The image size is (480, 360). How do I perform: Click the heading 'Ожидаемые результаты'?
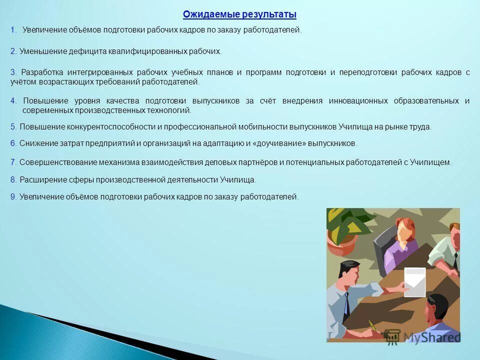[239, 14]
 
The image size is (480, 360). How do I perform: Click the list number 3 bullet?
[13, 72]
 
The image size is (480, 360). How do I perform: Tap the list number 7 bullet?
[13, 162]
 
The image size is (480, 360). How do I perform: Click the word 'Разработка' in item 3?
[43, 72]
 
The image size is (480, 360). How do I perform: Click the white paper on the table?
[414, 281]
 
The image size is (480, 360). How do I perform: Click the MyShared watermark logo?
[423, 337]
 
